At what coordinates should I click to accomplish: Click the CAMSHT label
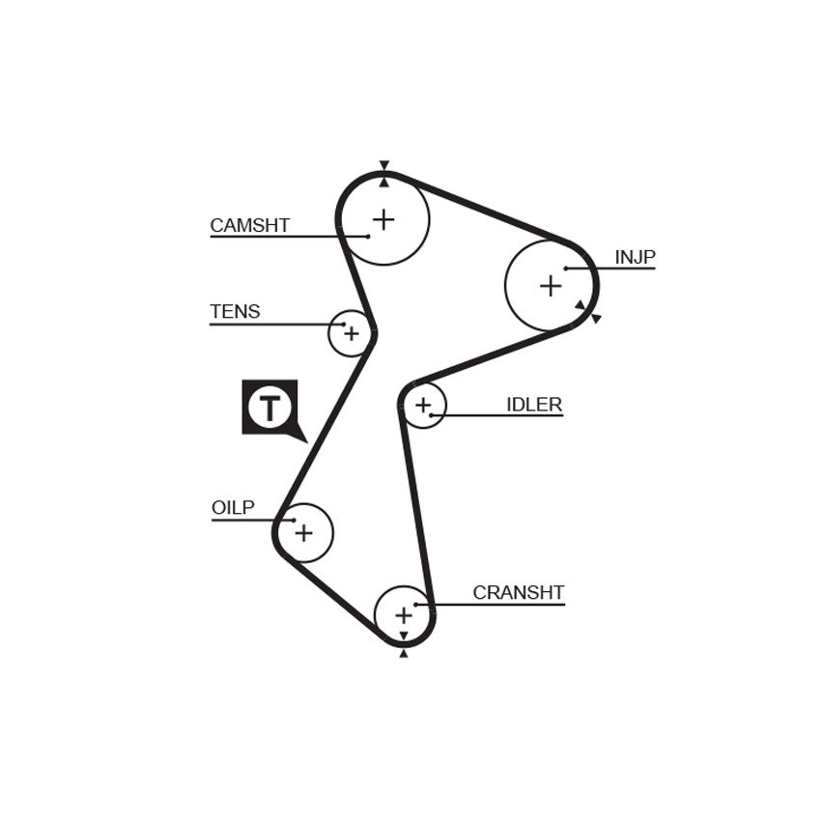tap(250, 226)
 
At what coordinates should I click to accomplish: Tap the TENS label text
tap(235, 312)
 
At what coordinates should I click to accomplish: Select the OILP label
tap(233, 507)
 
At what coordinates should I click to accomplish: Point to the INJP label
tap(635, 257)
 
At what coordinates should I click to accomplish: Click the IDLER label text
tap(534, 405)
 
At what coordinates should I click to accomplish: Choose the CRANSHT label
tap(519, 593)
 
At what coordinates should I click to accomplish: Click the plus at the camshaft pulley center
tap(383, 219)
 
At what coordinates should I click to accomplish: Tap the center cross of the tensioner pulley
tap(352, 333)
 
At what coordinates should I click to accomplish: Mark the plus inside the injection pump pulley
tap(551, 286)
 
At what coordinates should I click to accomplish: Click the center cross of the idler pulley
tap(422, 405)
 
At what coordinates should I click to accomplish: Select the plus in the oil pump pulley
tap(303, 533)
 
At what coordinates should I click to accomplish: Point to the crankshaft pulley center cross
tap(404, 615)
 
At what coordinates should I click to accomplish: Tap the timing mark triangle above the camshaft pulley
tap(384, 164)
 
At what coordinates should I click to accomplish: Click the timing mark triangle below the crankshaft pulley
tap(403, 653)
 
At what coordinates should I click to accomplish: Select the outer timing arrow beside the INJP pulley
tap(596, 319)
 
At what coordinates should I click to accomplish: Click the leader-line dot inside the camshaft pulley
tap(368, 237)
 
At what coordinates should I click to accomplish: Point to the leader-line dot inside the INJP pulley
tap(566, 269)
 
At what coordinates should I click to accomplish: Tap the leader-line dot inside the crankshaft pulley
tap(415, 605)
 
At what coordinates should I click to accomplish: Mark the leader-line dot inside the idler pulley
tap(431, 415)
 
